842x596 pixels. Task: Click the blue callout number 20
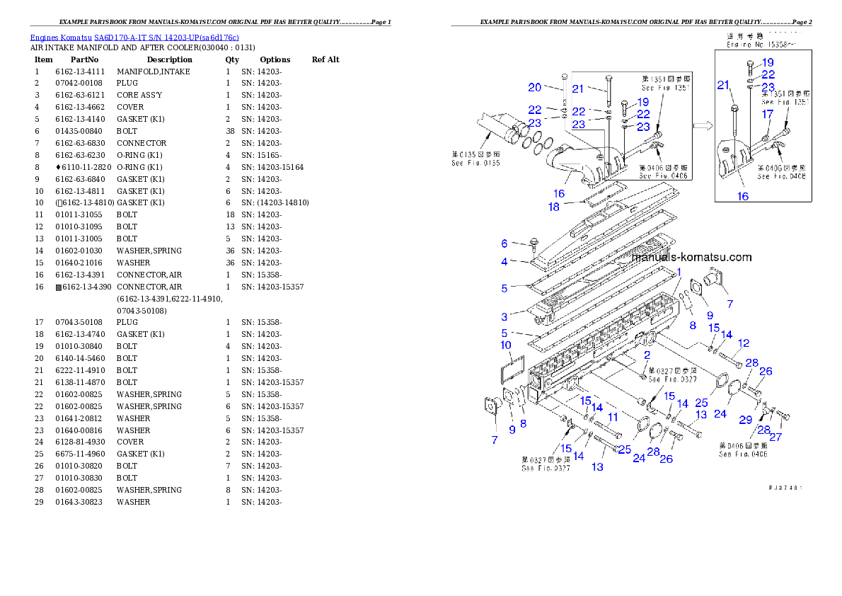[534, 87]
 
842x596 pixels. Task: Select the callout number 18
[554, 207]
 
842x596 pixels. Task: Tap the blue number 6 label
[504, 243]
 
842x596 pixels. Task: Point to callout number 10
[505, 345]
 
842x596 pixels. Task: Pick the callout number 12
[743, 343]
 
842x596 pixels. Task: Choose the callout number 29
[745, 420]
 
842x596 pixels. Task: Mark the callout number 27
[775, 437]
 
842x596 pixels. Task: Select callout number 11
[613, 417]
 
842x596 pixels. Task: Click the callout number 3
[504, 316]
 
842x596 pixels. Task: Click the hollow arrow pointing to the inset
[702, 127]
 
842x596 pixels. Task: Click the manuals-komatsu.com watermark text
[691, 258]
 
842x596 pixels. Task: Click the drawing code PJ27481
[785, 487]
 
